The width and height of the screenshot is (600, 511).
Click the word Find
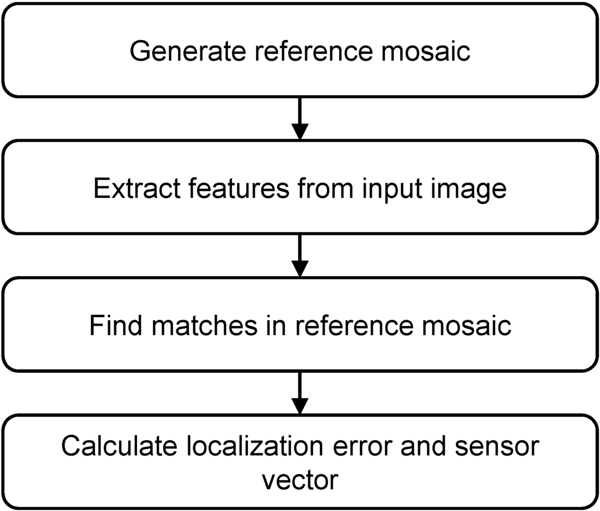115,325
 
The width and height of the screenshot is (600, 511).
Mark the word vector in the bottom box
299,480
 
